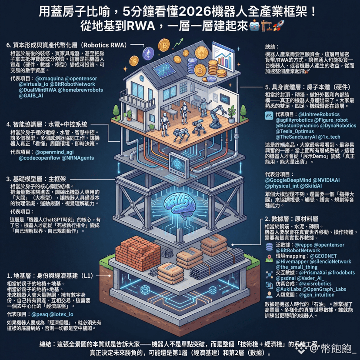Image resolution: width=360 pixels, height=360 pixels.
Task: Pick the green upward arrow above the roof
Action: tap(177, 43)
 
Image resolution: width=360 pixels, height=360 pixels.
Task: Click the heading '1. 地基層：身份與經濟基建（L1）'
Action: tap(49, 276)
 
